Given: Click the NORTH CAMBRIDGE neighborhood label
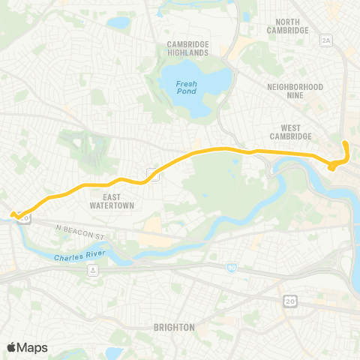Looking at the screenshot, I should (288, 26).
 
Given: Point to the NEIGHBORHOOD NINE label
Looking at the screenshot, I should (295, 91).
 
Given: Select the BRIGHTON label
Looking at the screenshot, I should (174, 327).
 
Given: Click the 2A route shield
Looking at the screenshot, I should (325, 41).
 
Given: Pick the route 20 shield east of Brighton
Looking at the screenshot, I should (289, 301).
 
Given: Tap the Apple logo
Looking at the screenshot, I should (12, 347).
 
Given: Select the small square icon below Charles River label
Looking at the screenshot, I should (92, 271).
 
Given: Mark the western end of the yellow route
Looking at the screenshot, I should (13, 216).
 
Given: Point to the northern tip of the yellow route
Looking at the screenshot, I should (344, 142).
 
